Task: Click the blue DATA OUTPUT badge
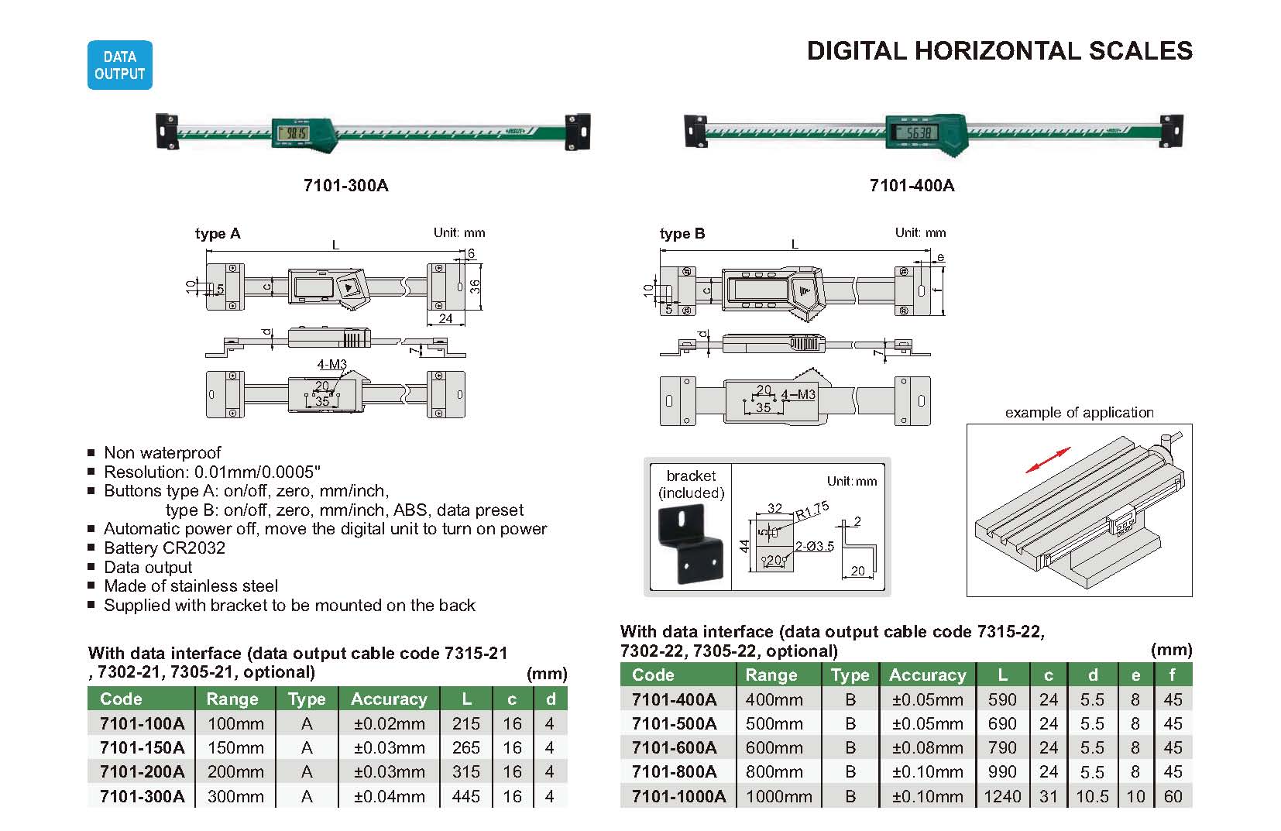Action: (119, 65)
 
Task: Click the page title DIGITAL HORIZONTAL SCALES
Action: (999, 51)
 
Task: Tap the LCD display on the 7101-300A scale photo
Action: (293, 134)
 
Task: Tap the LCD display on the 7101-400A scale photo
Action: (914, 132)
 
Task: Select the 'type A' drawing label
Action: (218, 234)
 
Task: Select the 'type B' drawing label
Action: (682, 234)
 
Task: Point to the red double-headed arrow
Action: (1047, 459)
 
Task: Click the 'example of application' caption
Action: (1079, 413)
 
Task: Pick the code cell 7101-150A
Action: (143, 748)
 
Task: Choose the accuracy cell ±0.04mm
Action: (389, 796)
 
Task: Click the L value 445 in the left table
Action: (466, 796)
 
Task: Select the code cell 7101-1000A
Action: (678, 796)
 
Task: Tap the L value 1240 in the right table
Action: (1002, 796)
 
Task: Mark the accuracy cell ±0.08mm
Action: (927, 748)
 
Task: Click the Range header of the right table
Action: (771, 675)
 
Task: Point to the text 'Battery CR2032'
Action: (164, 548)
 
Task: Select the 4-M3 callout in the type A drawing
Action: (331, 365)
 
